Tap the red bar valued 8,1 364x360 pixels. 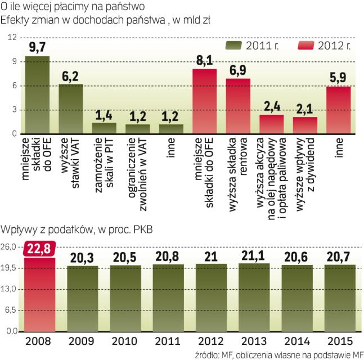pyautogui.click(x=205, y=101)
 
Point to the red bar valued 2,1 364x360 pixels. pyautogui.click(x=305, y=125)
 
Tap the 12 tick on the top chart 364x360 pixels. pyautogui.click(x=11, y=37)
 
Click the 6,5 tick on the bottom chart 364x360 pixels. pyautogui.click(x=10, y=310)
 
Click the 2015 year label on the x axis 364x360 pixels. pyautogui.click(x=339, y=341)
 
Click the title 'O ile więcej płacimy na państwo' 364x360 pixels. pyautogui.click(x=73, y=7)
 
